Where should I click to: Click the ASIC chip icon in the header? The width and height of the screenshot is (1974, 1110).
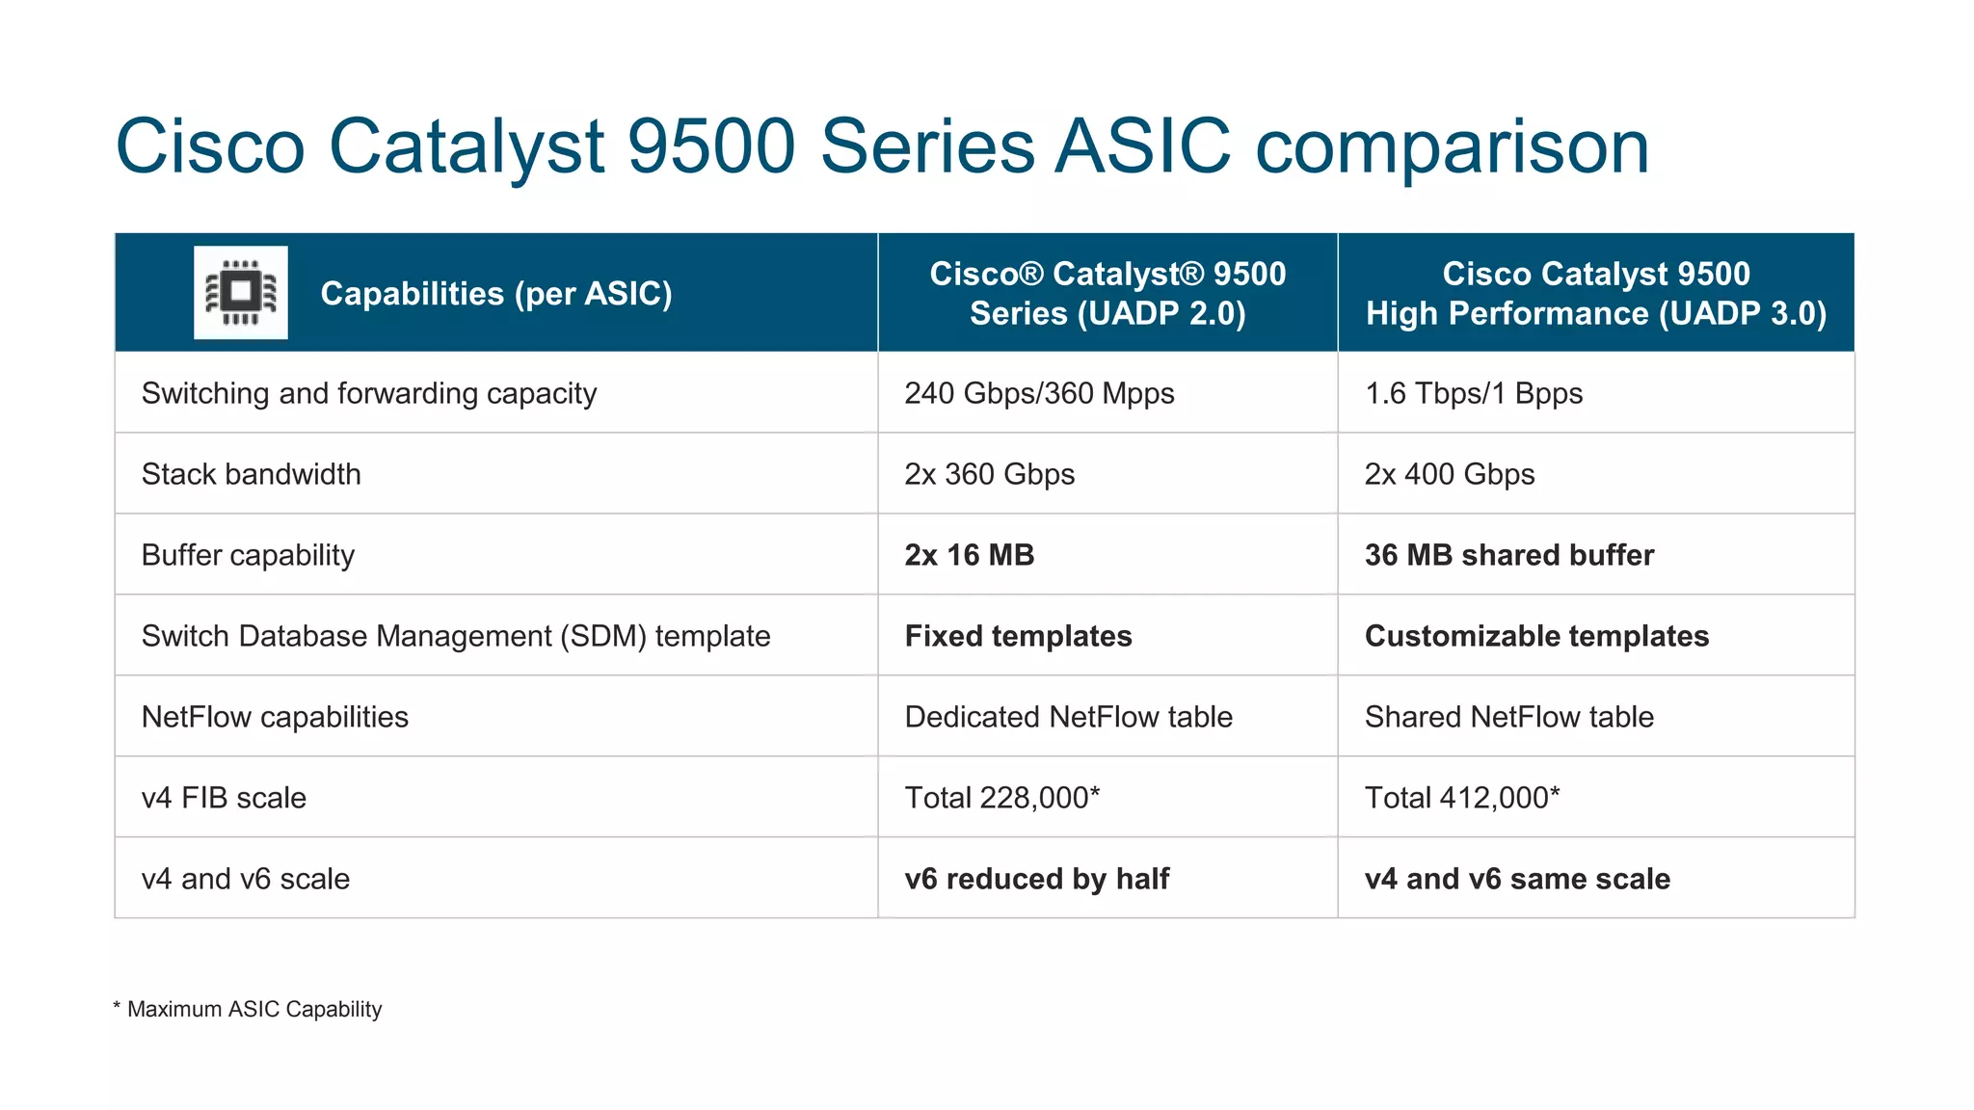click(x=240, y=292)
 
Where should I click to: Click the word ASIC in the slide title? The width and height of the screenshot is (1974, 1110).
click(x=1142, y=146)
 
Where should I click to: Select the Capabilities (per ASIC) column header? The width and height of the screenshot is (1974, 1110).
click(x=495, y=293)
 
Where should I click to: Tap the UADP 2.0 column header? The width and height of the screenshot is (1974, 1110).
click(x=1107, y=293)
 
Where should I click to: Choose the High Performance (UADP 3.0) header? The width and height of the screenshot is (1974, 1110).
click(x=1595, y=293)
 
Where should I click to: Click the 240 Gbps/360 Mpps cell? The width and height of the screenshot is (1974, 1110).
click(x=1039, y=393)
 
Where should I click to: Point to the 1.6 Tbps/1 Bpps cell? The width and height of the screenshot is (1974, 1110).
click(x=1473, y=393)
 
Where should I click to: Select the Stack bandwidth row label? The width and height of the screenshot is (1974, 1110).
click(x=251, y=474)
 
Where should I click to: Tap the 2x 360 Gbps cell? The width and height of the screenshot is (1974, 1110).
click(x=989, y=474)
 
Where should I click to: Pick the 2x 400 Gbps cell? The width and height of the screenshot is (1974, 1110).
click(x=1449, y=474)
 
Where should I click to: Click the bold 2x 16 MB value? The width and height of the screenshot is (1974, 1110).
click(x=969, y=555)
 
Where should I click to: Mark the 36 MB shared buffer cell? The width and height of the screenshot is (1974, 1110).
click(x=1508, y=555)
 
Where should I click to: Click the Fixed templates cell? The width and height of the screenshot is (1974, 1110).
click(x=1018, y=636)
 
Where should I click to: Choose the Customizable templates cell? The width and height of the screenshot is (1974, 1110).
click(x=1536, y=636)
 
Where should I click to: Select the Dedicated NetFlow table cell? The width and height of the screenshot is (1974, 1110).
click(x=1068, y=717)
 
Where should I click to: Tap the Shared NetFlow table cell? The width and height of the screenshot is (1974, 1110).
click(x=1508, y=717)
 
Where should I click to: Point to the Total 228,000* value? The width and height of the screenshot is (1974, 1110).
click(x=1001, y=798)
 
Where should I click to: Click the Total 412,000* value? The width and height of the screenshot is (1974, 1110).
click(x=1461, y=798)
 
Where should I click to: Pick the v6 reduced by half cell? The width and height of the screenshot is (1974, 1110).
click(x=1036, y=879)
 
